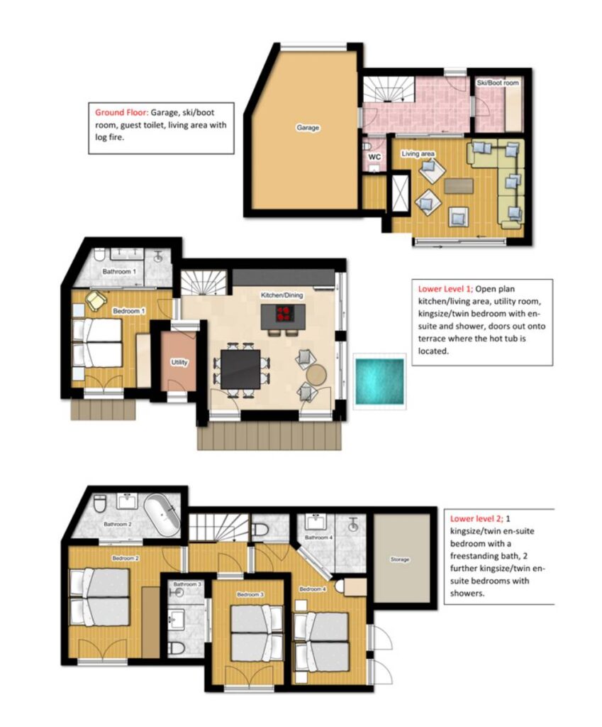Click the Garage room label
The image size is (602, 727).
point(308,128)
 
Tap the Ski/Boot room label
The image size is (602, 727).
point(498,83)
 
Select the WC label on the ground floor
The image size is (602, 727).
point(374,157)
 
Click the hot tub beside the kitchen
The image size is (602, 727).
point(380,381)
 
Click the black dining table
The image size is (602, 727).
point(240,369)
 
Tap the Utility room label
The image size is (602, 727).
point(179,362)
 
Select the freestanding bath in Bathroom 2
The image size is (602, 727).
point(162,515)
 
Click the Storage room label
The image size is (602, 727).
point(400,559)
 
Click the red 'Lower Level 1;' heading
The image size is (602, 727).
point(445,289)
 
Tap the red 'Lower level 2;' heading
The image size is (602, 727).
point(476,518)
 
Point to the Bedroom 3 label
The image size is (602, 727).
point(250,594)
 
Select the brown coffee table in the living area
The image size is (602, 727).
point(459,186)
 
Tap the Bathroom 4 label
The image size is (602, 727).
point(318,537)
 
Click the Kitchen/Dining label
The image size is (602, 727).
point(282,295)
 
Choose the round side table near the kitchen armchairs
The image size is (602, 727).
point(317,375)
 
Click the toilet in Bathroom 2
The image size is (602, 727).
point(100,503)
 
